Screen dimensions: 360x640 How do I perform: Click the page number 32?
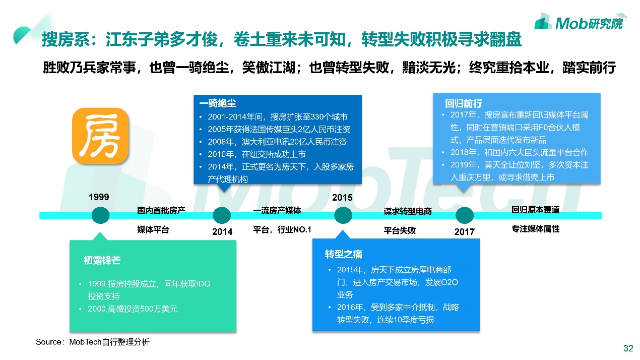(628, 348)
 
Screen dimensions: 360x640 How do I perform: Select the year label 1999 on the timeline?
(99, 197)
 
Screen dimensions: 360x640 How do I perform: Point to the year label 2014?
(222, 231)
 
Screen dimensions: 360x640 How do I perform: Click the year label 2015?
(342, 198)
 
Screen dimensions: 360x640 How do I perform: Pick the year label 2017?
(464, 232)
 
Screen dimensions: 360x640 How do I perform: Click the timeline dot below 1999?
(100, 215)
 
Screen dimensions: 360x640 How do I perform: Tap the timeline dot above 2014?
(222, 215)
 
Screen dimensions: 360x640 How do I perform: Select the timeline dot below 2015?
(343, 215)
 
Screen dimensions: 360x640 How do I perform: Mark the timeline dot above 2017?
(465, 215)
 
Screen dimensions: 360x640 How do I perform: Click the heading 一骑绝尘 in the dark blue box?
(218, 103)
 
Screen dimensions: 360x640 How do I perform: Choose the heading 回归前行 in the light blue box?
(457, 104)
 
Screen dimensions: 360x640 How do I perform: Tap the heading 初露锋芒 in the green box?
(102, 261)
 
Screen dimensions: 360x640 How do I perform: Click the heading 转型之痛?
(344, 254)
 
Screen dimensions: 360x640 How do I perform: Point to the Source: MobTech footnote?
(93, 342)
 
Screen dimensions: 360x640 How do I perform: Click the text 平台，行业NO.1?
(282, 230)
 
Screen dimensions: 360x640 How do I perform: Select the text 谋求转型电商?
(407, 212)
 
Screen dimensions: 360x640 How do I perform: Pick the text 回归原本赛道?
(535, 210)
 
